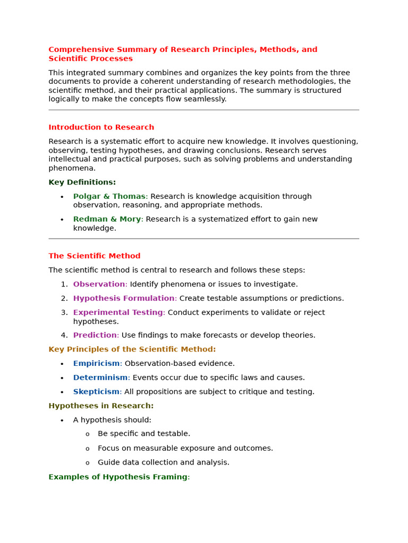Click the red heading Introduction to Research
pos(101,127)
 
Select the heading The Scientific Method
pos(95,256)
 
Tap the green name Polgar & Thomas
pos(109,196)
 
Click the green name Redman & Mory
pos(107,219)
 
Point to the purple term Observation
pos(99,284)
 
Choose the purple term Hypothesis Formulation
pos(124,299)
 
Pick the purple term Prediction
pos(95,335)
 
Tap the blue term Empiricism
pos(96,364)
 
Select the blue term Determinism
pos(100,378)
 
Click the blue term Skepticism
pos(96,392)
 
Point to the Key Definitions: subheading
pos(82,182)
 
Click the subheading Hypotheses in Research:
pos(101,406)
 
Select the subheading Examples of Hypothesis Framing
pos(118,477)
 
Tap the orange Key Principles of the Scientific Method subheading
pos(132,349)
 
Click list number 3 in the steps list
pos(64,312)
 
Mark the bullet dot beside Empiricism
pos(62,364)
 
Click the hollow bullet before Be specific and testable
pos(88,434)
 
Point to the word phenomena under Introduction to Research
pos(72,168)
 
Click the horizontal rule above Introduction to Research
pos(203,110)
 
